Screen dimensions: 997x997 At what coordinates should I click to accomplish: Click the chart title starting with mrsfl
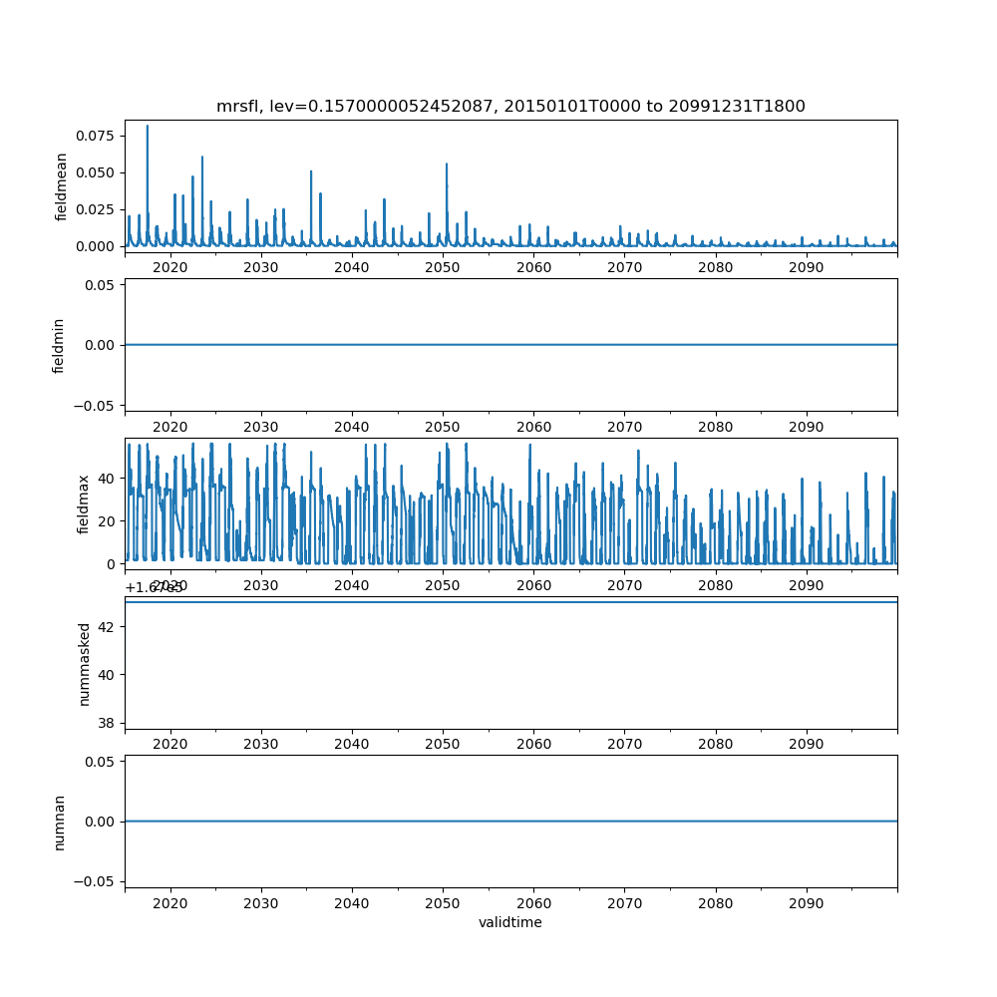(510, 106)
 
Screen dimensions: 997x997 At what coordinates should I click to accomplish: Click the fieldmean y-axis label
(62, 186)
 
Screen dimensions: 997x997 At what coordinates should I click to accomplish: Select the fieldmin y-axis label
(59, 345)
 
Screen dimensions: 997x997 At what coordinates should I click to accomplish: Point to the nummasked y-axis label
(85, 663)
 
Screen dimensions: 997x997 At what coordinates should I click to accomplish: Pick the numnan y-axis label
(59, 822)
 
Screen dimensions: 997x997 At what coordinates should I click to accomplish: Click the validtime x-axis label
(510, 922)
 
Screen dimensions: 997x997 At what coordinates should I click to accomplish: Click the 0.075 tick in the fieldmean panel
(102, 136)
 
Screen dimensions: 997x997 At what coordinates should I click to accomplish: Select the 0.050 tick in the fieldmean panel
(102, 172)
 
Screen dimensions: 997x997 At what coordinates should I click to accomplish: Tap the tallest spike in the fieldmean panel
(148, 127)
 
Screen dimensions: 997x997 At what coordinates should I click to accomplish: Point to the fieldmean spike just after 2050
(447, 165)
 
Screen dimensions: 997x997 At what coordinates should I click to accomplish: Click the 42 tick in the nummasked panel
(108, 626)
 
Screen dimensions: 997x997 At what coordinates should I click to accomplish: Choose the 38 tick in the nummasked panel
(108, 722)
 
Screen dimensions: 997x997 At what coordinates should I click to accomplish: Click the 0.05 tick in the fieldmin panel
(105, 284)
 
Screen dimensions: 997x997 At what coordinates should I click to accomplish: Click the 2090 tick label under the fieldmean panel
(806, 267)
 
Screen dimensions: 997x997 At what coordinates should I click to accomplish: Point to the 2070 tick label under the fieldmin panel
(624, 426)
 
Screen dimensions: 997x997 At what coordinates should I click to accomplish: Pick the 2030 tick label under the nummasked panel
(260, 744)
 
